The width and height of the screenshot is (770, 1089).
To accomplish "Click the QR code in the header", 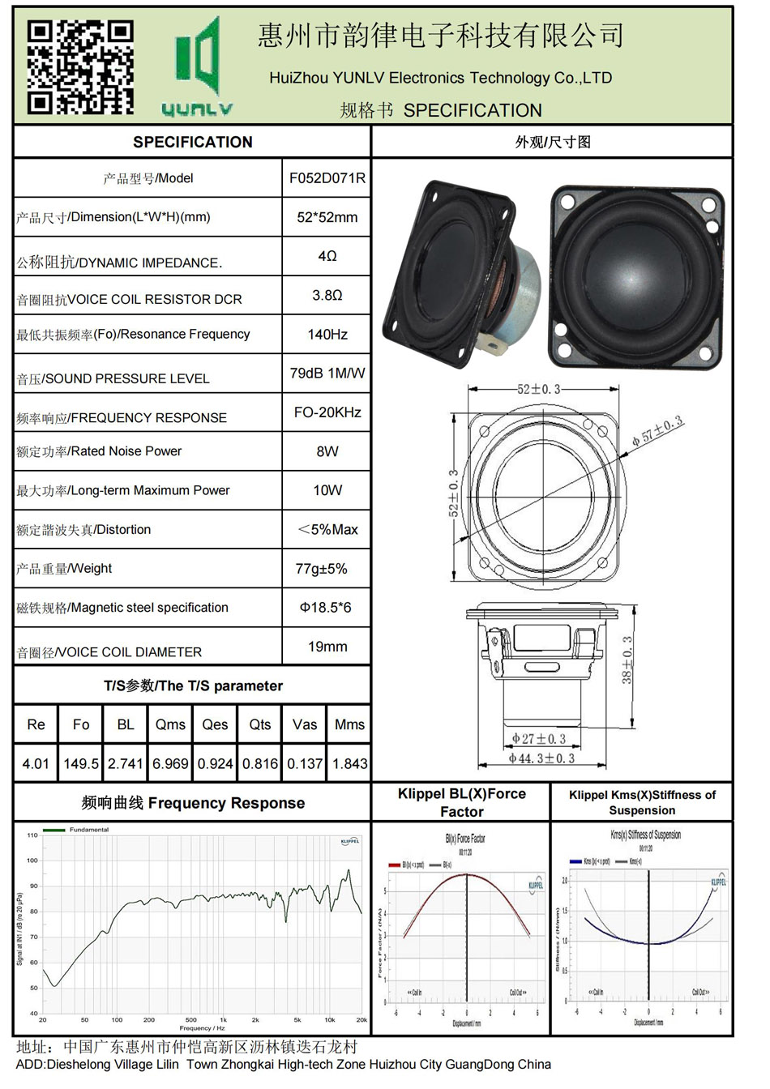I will [x=80, y=66].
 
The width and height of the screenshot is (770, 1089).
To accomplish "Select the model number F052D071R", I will [x=327, y=178].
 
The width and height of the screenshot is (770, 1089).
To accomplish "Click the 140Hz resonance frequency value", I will [x=327, y=335].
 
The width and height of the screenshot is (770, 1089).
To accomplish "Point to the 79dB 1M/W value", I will [x=327, y=374].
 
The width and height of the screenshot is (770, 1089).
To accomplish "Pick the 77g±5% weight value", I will [x=321, y=569].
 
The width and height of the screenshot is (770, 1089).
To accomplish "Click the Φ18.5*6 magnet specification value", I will [x=326, y=608].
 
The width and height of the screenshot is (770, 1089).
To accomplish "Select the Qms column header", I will [x=170, y=724].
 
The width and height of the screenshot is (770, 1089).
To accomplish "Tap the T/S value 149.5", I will [x=81, y=763].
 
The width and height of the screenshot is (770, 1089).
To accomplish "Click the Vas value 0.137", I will [x=305, y=763].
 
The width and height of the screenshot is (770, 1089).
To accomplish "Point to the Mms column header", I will [x=349, y=724].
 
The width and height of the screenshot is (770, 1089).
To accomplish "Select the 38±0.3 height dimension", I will [x=627, y=660].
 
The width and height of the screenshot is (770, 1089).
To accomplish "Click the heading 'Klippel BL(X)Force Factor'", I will [x=461, y=802].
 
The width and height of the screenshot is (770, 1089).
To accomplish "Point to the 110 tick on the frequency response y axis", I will [x=32, y=835].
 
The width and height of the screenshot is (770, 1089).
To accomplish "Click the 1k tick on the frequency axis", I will [x=224, y=1020].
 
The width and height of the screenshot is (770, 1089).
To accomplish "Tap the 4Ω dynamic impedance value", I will [x=327, y=256].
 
